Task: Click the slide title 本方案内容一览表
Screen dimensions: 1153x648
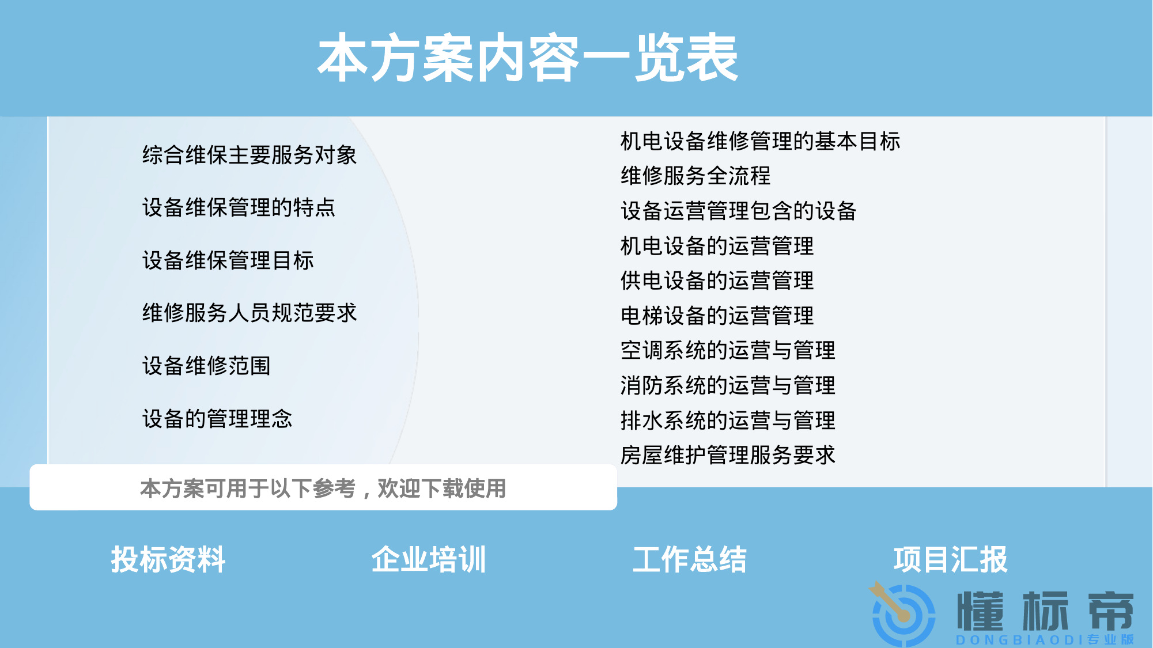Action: tap(528, 58)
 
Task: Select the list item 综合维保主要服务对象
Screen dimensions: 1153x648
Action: tap(249, 155)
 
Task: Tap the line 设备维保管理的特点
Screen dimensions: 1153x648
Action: tap(239, 207)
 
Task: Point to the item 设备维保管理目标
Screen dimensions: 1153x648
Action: tap(228, 260)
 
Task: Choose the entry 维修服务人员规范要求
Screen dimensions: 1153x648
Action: tap(249, 313)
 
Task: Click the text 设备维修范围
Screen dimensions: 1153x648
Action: tap(206, 366)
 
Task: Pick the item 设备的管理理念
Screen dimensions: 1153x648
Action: tap(217, 419)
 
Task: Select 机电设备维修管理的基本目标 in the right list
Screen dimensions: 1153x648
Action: tap(760, 141)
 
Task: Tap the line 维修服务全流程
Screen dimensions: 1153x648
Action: tap(695, 176)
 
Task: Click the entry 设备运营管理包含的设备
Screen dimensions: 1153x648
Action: tap(739, 211)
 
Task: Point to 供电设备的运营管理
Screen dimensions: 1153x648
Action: tap(717, 281)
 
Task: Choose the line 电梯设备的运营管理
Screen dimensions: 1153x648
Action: tap(717, 316)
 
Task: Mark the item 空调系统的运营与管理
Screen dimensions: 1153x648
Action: tap(728, 350)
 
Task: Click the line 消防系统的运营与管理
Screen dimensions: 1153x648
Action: tap(728, 385)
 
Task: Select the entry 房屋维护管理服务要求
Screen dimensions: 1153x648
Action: tap(728, 455)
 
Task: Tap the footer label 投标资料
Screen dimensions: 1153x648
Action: tap(168, 559)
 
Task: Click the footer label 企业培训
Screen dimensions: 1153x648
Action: tap(429, 559)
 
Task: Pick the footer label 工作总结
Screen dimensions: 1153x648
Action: tap(690, 559)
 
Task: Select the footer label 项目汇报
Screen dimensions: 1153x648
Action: tap(950, 559)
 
